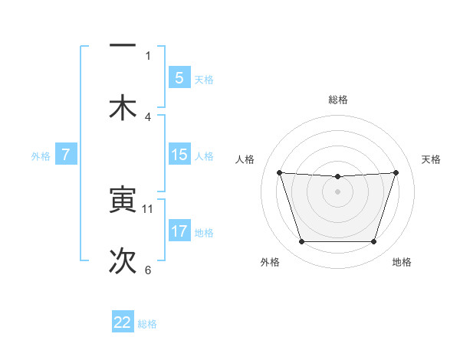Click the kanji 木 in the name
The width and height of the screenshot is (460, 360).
(x=123, y=108)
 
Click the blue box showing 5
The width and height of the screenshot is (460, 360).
(x=179, y=77)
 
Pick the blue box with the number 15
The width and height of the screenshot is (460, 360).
(x=179, y=155)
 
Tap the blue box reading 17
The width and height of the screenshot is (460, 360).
(x=179, y=231)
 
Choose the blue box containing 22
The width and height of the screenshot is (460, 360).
(x=123, y=322)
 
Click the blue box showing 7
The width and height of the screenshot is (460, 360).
(x=66, y=155)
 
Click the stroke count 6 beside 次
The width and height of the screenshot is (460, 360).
(x=148, y=270)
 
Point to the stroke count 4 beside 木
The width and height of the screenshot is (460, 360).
(x=148, y=116)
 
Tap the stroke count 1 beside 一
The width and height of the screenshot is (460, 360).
(x=148, y=55)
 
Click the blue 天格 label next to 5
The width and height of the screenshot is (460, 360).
(x=204, y=79)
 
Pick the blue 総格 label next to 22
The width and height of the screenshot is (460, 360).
(x=147, y=324)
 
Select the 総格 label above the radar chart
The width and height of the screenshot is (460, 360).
(x=337, y=100)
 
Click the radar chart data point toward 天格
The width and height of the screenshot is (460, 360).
(x=396, y=172)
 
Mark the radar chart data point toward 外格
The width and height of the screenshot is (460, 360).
(x=301, y=242)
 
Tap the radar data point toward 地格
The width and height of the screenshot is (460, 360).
(x=373, y=242)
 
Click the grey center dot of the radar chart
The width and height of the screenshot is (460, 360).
(x=337, y=191)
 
